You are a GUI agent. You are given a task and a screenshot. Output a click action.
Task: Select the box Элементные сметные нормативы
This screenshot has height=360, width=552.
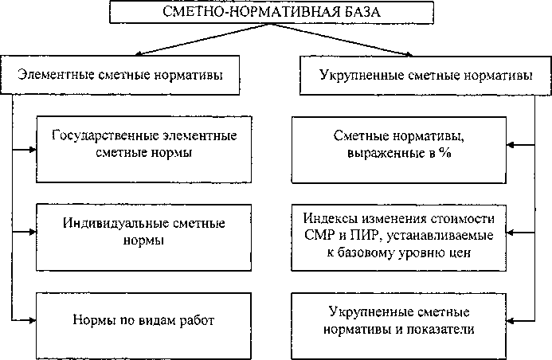click(119, 76)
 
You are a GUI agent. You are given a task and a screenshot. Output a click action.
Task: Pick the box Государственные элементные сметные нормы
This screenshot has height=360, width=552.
click(143, 143)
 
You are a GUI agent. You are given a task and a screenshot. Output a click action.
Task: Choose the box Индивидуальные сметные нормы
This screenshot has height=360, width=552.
click(143, 232)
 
